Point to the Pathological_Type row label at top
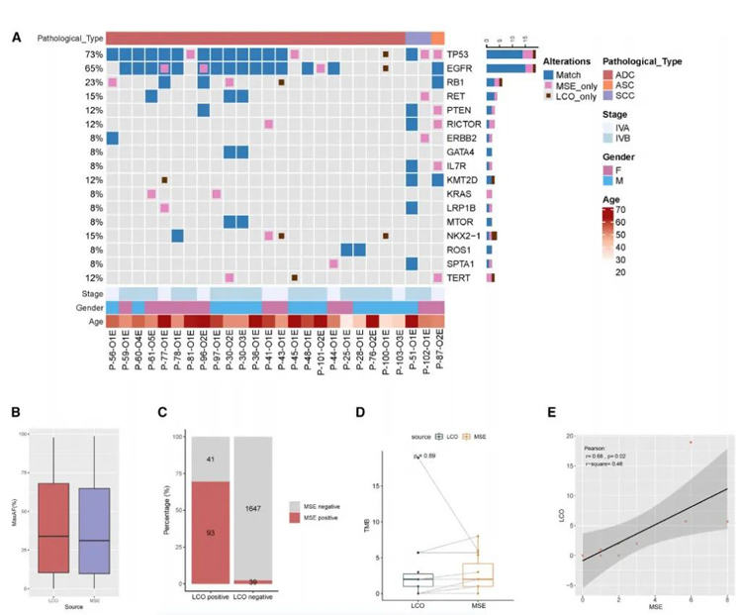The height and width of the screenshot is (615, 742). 69,38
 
